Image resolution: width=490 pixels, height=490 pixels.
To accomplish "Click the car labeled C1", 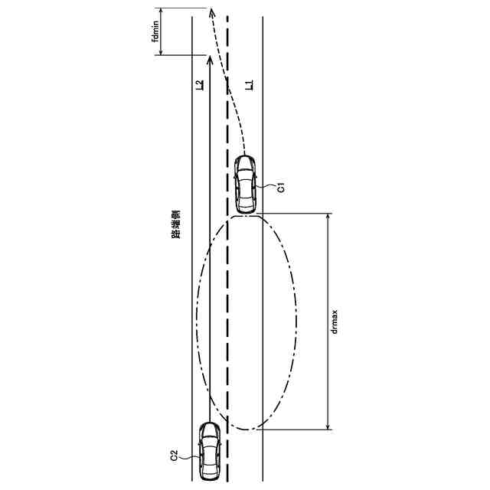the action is (245, 184).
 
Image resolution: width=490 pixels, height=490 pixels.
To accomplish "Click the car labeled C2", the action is (208, 452).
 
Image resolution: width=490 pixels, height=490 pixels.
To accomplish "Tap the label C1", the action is (282, 187).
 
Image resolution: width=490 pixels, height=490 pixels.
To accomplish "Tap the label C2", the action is (175, 456).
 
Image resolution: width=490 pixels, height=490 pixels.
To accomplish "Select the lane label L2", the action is (200, 86).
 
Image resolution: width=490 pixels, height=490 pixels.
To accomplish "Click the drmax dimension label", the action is (335, 322).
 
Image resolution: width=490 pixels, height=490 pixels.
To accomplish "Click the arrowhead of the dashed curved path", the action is (211, 12).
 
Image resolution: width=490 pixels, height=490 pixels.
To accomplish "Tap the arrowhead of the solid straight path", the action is (208, 58).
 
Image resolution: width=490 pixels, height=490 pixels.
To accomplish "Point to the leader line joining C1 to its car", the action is (267, 185).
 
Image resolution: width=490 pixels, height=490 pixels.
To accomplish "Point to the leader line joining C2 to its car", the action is (190, 454).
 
